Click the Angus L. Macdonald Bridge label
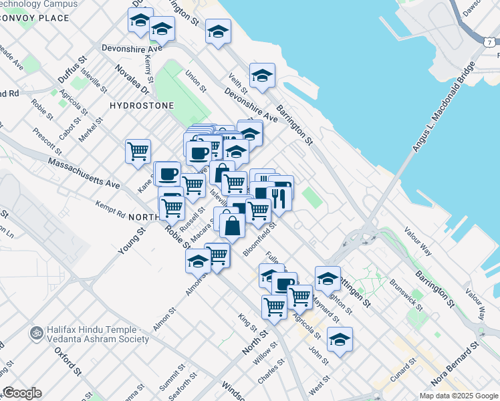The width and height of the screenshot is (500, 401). pyautogui.click(x=444, y=107)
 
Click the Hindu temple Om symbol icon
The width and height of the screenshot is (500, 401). pyautogui.click(x=35, y=332)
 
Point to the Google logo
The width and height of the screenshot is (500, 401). pyautogui.click(x=22, y=393)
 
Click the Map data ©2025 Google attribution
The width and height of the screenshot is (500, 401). pyautogui.click(x=458, y=396)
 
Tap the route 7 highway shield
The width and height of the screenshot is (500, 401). pyautogui.click(x=490, y=41)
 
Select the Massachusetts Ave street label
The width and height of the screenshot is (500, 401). pyautogui.click(x=84, y=172)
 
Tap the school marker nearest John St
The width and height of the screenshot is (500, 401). pyautogui.click(x=340, y=340)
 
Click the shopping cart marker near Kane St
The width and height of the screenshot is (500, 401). pyautogui.click(x=138, y=152)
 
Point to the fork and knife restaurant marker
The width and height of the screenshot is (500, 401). pyautogui.click(x=278, y=198)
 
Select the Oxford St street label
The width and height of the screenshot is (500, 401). pyautogui.click(x=68, y=361)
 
